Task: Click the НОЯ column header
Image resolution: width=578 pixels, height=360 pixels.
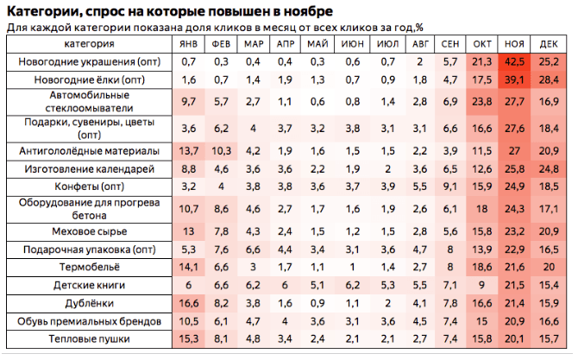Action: (x=514, y=44)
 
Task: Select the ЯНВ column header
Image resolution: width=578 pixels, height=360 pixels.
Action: (x=188, y=44)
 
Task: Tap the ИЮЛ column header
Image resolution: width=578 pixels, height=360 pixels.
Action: (x=388, y=44)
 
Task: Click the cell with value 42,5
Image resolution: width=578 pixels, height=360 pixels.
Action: (x=514, y=61)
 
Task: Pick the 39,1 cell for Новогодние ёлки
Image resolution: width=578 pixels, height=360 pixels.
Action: (x=514, y=79)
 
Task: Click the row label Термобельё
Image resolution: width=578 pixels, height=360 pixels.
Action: (x=90, y=267)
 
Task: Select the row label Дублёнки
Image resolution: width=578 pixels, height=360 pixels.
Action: (x=90, y=303)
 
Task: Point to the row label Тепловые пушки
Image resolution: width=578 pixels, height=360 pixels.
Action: (x=90, y=339)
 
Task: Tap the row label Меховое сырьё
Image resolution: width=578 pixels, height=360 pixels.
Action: (x=90, y=231)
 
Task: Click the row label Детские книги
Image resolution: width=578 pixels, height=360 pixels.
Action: (x=90, y=285)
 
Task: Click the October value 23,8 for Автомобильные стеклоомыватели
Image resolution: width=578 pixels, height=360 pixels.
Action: (x=482, y=101)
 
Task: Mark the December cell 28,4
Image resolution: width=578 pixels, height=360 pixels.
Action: (x=549, y=79)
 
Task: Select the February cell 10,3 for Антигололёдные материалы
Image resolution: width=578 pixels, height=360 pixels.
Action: (x=221, y=151)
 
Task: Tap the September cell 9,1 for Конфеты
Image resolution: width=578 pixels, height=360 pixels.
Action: (x=450, y=186)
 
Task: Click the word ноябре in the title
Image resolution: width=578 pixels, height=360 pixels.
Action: (x=308, y=11)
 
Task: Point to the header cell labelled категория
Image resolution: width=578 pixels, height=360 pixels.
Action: (x=89, y=44)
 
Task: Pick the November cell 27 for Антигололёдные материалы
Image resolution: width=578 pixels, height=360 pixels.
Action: (x=514, y=151)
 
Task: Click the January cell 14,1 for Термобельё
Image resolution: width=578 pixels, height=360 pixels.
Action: (x=188, y=267)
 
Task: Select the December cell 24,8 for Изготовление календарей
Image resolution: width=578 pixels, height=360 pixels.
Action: (x=549, y=169)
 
